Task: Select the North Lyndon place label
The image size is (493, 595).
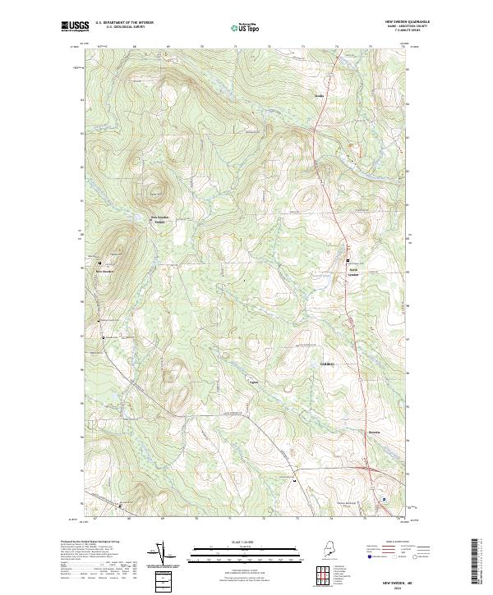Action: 354,272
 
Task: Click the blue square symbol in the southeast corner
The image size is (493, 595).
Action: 381,498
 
